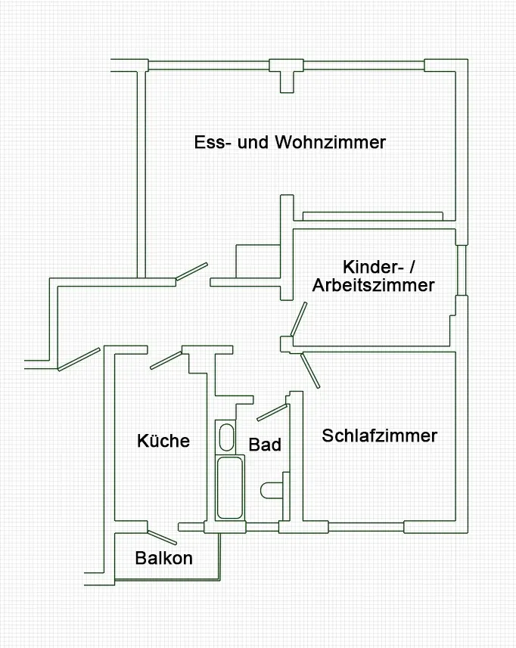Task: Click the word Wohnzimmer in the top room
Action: coord(331,142)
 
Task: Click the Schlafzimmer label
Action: coord(380,436)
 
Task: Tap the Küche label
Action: coord(163,440)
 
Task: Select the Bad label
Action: coord(265,445)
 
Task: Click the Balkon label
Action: coord(164,559)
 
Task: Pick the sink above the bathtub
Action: coord(225,436)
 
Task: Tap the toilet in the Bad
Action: coord(270,491)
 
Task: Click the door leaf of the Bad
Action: coord(272,412)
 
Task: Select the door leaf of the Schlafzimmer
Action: coord(310,371)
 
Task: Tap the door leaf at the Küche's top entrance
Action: coord(165,359)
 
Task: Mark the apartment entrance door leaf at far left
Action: coord(79,358)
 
